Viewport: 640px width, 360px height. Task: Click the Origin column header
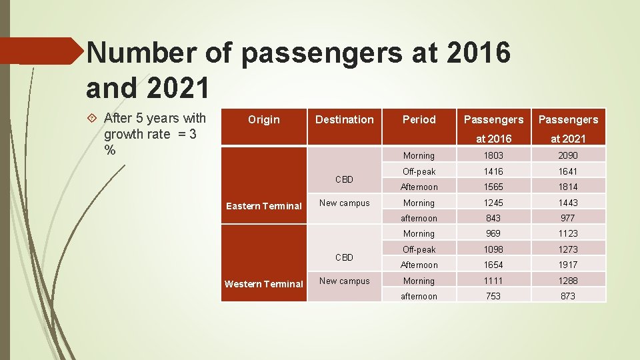(x=264, y=120)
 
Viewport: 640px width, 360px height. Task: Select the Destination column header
(x=344, y=120)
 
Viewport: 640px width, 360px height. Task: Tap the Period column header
(x=419, y=120)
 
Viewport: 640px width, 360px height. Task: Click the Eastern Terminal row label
(x=264, y=206)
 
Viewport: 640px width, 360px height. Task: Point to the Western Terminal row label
(x=264, y=284)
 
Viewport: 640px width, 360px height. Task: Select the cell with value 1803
(x=493, y=155)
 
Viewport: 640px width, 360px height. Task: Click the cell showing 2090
(x=568, y=155)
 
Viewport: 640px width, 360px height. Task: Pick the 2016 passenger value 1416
(x=493, y=171)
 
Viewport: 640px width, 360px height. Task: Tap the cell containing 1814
(x=568, y=187)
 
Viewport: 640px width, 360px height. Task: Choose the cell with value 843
(x=493, y=218)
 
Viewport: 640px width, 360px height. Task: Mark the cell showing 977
(x=568, y=218)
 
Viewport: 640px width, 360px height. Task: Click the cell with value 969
(x=493, y=233)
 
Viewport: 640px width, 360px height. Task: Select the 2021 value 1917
(x=568, y=265)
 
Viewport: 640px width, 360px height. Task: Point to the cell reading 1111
(x=493, y=281)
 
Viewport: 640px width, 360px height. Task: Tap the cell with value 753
(x=493, y=296)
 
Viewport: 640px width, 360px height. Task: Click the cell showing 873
(x=568, y=296)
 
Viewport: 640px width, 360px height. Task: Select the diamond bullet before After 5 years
(x=93, y=119)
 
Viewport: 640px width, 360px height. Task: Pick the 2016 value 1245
(x=493, y=203)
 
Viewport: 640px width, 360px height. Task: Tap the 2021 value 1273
(x=568, y=249)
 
